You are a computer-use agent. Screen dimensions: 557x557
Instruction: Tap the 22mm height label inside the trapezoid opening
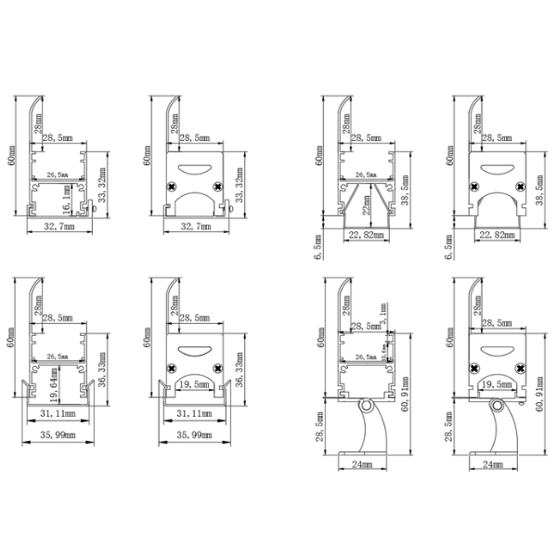click(x=367, y=211)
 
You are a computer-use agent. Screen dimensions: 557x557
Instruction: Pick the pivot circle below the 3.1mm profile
click(x=368, y=407)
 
